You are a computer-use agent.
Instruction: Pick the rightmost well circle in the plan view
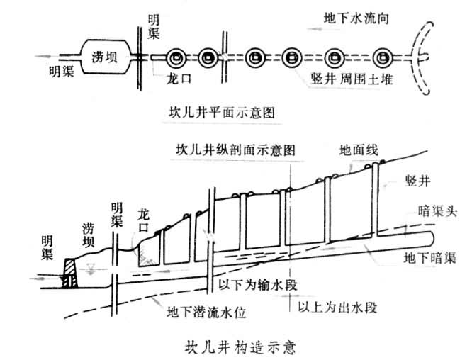coord(383,57)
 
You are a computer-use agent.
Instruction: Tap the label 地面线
coord(359,150)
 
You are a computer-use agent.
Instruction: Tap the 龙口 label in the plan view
coord(170,77)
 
